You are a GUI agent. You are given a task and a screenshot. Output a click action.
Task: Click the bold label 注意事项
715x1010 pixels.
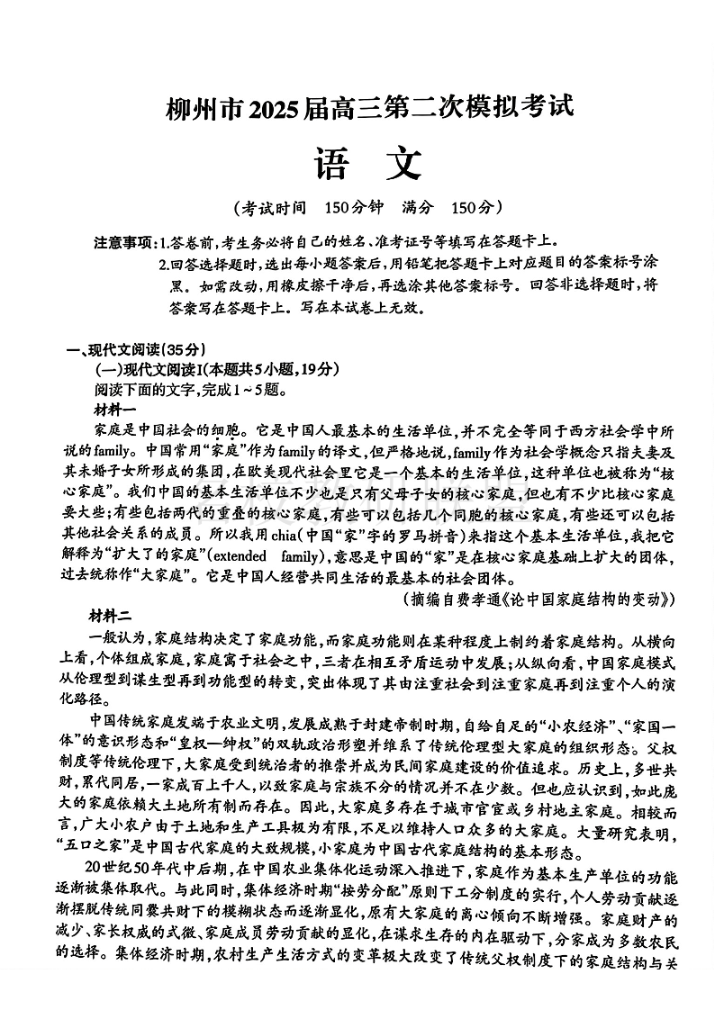click(124, 243)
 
